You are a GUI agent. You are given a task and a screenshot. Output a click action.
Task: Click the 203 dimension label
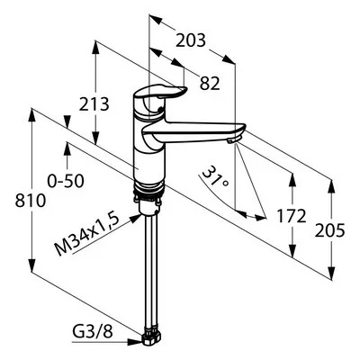pos(191,40)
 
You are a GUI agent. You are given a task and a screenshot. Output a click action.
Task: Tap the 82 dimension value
pos(210,84)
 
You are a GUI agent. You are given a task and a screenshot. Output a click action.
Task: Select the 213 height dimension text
pos(94,104)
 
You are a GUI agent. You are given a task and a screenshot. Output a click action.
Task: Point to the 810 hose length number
pos(31,201)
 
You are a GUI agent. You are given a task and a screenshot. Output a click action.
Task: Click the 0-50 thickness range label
pos(66,181)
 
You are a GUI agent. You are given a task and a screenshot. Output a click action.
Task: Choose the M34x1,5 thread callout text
pos(86,233)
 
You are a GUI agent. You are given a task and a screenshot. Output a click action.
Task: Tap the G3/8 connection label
pos(93,332)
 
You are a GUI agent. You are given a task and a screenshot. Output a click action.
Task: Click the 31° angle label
pos(215,176)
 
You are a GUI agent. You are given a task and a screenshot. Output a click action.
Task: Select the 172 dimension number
pos(292,216)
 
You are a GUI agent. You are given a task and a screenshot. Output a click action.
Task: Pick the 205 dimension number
pos(329,231)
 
